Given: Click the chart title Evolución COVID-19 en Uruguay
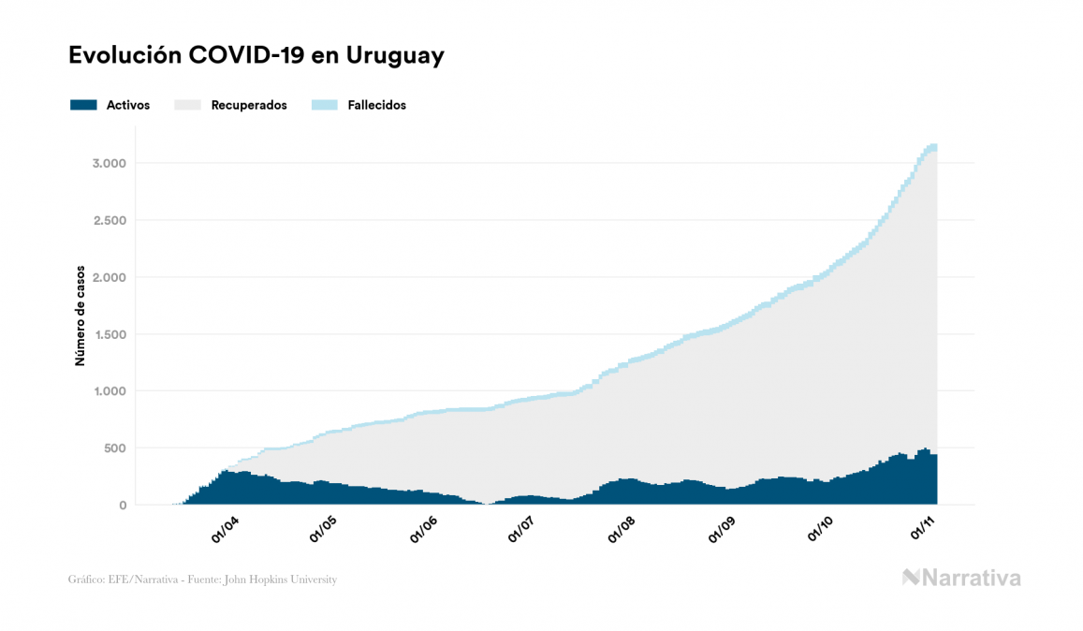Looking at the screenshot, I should point(256,56).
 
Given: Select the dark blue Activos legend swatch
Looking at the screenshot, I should point(83,105).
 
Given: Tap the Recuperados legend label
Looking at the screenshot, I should point(249,105).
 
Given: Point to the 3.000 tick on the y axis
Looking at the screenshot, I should point(109,164).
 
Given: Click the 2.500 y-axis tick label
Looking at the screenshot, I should point(109,221).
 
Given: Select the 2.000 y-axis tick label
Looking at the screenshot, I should point(109,278).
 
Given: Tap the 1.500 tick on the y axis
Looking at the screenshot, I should point(109,335).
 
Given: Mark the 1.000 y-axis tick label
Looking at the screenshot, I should point(109,391).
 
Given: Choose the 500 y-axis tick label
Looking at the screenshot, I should point(114,448).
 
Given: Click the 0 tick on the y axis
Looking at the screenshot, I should point(122,506).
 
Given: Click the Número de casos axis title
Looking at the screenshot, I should point(80,315).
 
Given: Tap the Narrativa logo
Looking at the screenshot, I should point(961,578).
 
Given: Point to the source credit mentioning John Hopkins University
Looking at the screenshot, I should point(202,580).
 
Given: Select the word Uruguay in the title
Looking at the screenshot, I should point(394,56).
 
